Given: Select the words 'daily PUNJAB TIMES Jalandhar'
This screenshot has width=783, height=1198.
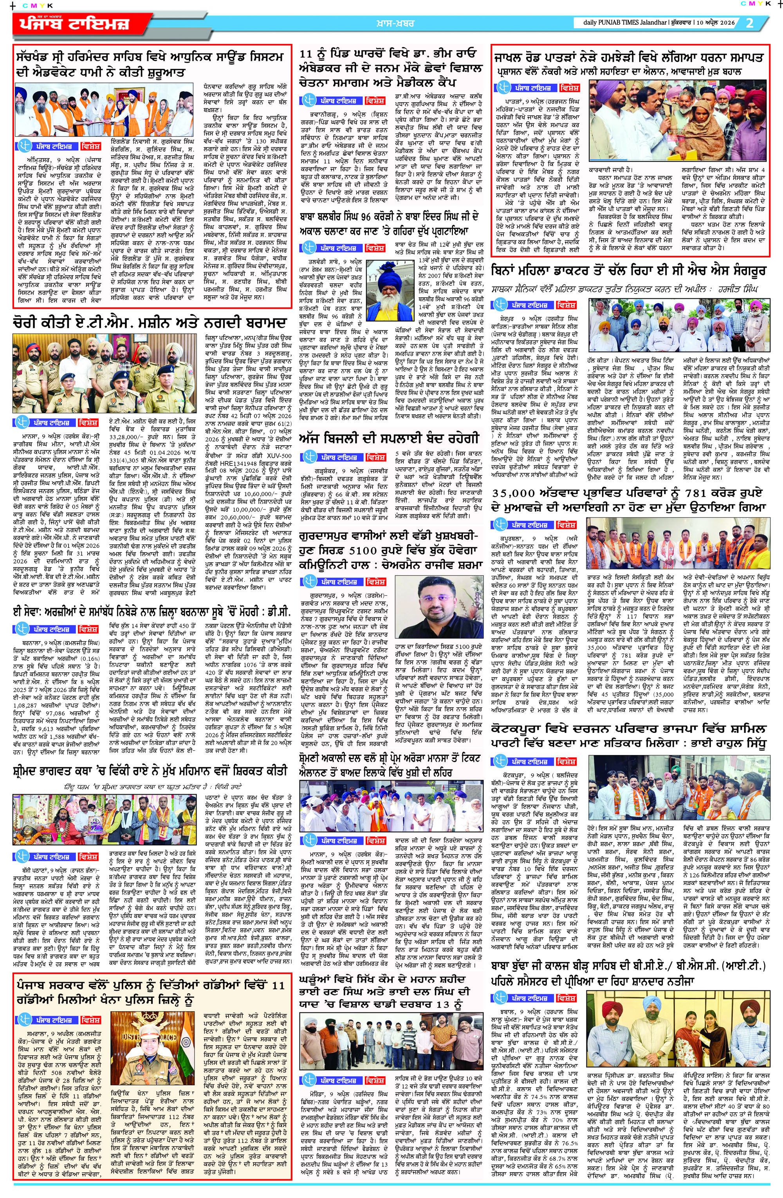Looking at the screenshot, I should click(x=624, y=23).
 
